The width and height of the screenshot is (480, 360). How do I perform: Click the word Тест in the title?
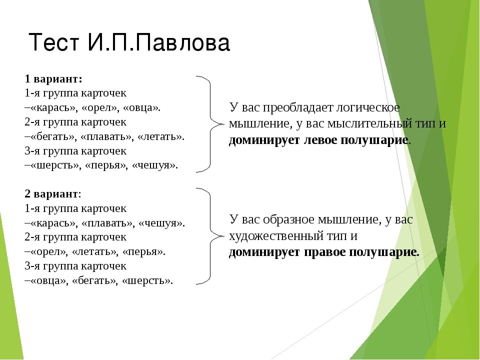[x=54, y=42]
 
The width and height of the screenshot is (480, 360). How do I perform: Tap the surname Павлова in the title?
[x=182, y=42]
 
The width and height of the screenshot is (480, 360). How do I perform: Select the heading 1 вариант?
[x=53, y=79]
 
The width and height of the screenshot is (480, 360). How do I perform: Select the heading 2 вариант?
[x=53, y=194]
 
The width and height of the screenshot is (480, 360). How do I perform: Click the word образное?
[x=288, y=219]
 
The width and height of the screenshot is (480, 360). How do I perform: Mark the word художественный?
[x=274, y=236]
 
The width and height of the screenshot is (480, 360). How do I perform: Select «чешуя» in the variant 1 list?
[x=154, y=165]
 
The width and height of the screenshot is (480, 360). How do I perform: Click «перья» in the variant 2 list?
[x=143, y=252]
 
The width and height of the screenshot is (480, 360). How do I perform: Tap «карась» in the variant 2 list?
[x=53, y=223]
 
